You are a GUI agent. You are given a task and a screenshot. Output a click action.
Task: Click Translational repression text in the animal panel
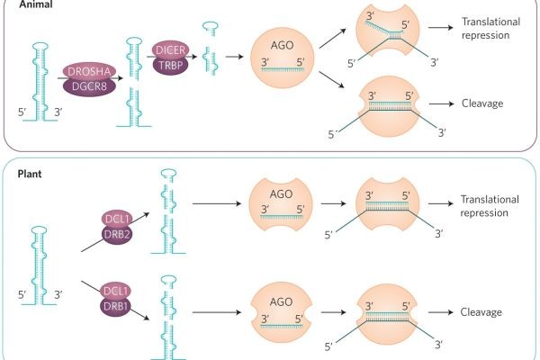[491, 29]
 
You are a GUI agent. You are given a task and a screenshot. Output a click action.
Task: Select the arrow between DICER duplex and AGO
[238, 56]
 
